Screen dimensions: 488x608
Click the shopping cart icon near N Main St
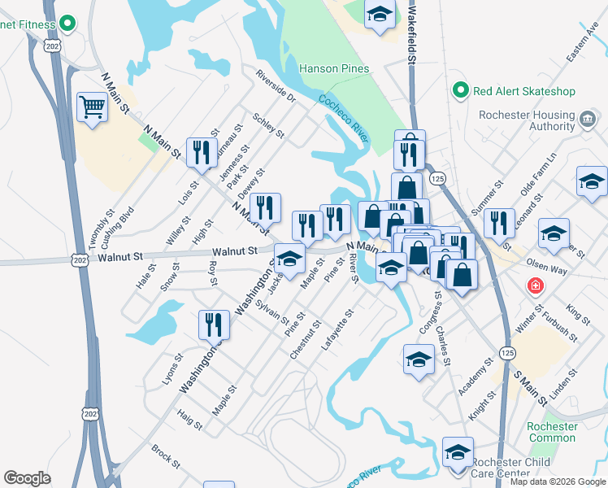[x=93, y=107]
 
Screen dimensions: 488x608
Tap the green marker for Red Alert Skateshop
[x=461, y=90]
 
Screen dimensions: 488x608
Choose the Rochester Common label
[x=553, y=432]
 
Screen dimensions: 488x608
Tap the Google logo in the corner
[x=27, y=478]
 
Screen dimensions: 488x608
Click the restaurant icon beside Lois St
[x=198, y=151]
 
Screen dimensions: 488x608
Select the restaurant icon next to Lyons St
[x=213, y=324]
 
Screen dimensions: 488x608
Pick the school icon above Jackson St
[x=289, y=258]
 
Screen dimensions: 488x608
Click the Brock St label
[x=165, y=456]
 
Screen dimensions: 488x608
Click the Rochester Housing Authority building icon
[x=586, y=120]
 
